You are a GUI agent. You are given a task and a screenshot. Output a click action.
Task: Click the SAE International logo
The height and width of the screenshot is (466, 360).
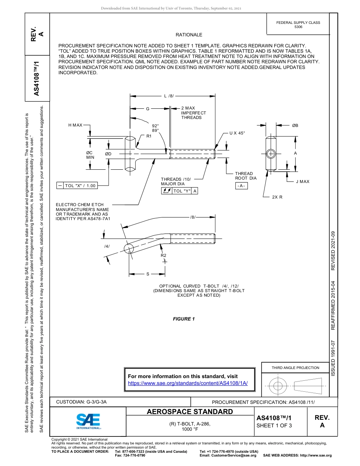[88, 421]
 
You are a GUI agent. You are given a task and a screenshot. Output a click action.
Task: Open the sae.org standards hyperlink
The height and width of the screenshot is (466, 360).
[188, 383]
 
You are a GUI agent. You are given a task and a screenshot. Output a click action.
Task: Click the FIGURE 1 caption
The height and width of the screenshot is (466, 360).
[184, 319]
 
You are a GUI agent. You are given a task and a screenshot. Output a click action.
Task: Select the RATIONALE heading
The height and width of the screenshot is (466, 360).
[189, 35]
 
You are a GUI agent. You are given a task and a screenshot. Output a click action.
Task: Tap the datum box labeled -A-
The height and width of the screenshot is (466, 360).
[241, 186]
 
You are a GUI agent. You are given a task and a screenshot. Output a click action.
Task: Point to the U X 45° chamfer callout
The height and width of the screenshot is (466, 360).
[237, 133]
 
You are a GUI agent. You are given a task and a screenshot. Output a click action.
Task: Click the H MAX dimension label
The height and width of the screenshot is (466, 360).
[75, 125]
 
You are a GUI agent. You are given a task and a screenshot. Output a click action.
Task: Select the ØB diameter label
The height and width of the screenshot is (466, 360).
[295, 125]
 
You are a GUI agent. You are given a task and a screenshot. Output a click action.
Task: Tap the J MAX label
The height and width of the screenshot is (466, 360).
[302, 181]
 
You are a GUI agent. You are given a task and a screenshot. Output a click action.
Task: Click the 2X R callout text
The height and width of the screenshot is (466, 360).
[277, 197]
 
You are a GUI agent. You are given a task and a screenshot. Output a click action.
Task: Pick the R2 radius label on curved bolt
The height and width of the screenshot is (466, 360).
[163, 255]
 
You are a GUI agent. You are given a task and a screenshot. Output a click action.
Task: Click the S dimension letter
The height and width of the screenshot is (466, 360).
[147, 274]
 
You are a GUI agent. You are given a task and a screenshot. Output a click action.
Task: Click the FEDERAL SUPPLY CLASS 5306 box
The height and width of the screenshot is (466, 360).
[298, 25]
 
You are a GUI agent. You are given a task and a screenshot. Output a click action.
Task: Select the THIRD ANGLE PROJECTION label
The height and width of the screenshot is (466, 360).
[295, 367]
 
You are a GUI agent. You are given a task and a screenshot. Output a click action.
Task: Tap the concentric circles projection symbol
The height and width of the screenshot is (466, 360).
[278, 386]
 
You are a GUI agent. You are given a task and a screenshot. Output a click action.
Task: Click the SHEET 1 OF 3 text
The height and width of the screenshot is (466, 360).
[274, 425]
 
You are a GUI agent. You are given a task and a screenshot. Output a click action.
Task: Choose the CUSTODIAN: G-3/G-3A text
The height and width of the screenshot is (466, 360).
[81, 402]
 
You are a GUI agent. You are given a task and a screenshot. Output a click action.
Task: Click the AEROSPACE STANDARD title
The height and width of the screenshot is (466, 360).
[190, 412]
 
